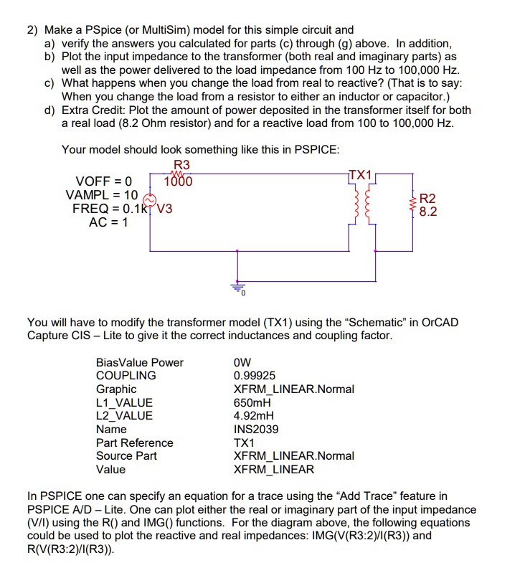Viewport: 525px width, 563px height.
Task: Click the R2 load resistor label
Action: click(427, 199)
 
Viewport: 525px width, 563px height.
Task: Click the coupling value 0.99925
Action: click(255, 376)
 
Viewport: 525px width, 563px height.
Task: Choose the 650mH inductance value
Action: click(251, 402)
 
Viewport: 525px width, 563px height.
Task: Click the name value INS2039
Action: click(256, 429)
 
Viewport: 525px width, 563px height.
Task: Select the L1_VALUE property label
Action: click(124, 402)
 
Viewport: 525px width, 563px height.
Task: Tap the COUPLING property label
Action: click(126, 376)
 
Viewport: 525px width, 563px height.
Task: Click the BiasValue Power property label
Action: click(139, 362)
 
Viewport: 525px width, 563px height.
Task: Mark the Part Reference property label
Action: click(134, 443)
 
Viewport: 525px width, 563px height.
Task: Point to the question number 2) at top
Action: click(33, 30)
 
